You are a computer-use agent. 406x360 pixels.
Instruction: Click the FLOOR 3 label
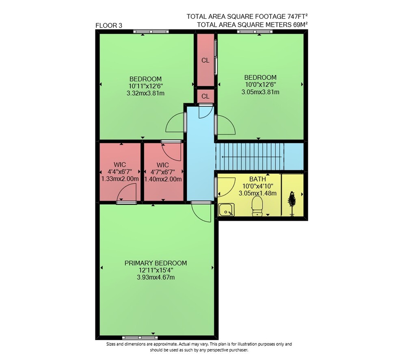[109, 26]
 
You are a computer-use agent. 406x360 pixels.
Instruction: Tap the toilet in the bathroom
[257, 206]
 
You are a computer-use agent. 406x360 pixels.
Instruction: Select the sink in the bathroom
[226, 210]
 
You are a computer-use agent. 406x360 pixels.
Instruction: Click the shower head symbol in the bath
[292, 204]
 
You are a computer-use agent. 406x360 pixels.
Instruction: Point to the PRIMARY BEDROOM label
[155, 263]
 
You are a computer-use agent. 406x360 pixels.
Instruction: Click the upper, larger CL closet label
[205, 61]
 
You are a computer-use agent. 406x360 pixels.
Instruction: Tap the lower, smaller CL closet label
[205, 96]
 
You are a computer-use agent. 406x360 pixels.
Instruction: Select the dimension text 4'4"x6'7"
[120, 171]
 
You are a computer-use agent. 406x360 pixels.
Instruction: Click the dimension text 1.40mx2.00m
[163, 179]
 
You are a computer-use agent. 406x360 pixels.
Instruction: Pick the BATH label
[257, 179]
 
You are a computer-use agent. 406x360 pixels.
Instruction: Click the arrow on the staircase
[251, 157]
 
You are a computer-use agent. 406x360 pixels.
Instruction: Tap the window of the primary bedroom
[140, 338]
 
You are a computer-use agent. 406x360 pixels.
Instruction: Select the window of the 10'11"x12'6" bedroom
[151, 32]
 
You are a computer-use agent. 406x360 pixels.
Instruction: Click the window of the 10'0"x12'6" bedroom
[255, 32]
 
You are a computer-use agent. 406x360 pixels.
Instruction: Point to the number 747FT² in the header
[297, 16]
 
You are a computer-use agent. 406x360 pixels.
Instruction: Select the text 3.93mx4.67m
[155, 278]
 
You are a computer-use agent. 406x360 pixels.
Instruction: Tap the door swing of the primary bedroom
[201, 212]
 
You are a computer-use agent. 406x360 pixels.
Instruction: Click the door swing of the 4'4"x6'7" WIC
[127, 192]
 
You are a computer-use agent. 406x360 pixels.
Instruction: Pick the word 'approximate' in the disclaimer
[165, 344]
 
